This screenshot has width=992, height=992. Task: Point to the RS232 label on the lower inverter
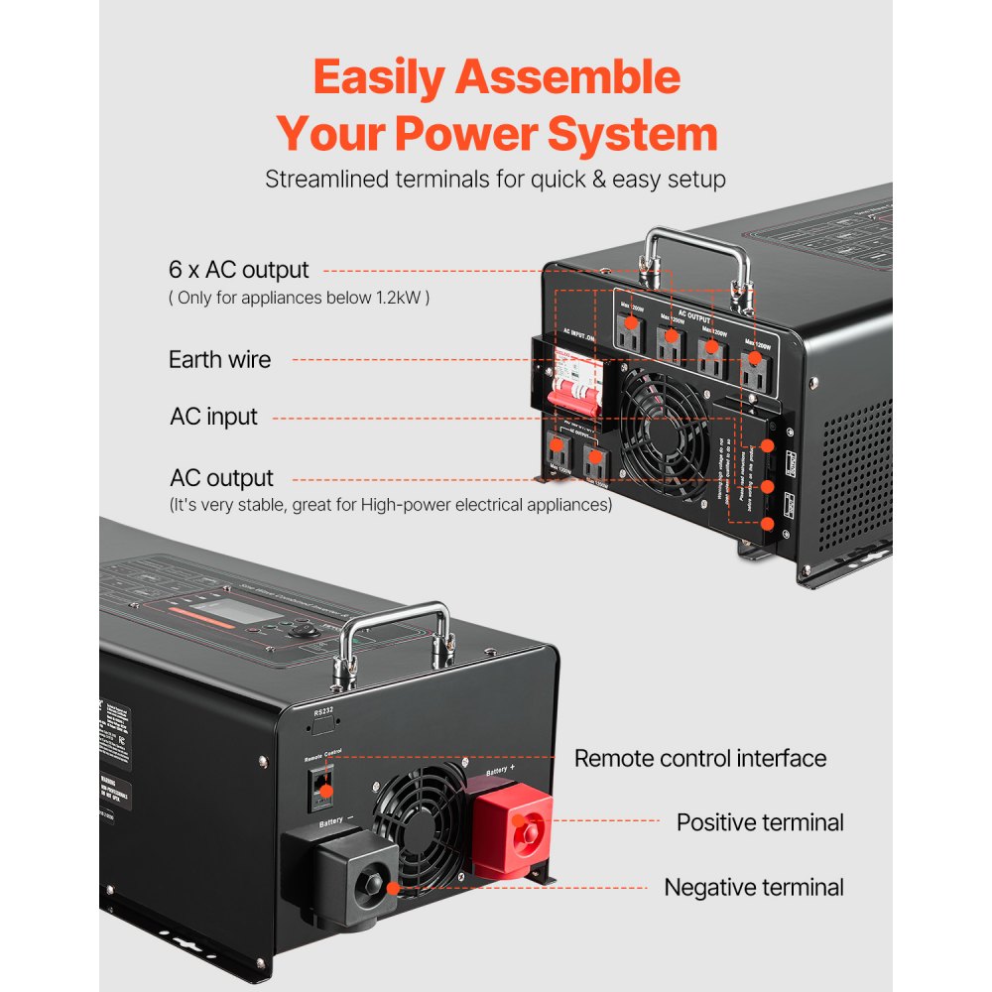(322, 711)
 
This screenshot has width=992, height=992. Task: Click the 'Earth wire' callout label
(219, 359)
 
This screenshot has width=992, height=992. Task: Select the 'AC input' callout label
(213, 417)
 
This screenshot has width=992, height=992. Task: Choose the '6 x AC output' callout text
(238, 270)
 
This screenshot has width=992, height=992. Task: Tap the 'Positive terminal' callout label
(760, 822)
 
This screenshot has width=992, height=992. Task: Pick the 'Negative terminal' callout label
(754, 887)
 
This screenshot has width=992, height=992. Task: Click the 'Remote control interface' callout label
(700, 759)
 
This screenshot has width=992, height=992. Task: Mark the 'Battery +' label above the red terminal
(501, 769)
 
